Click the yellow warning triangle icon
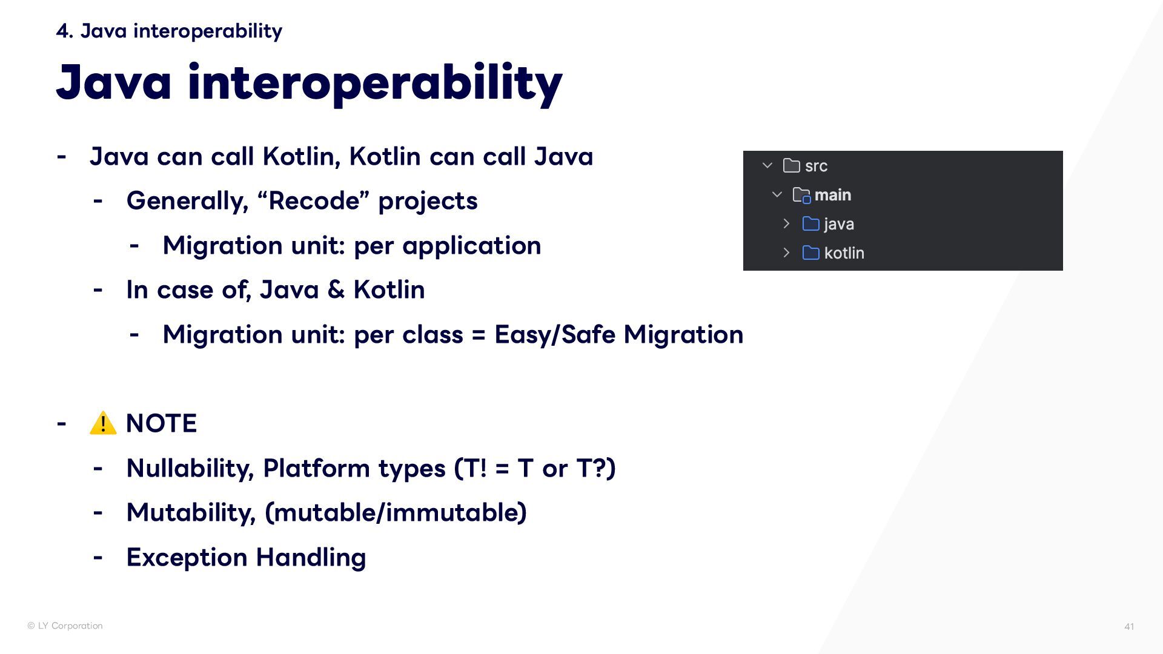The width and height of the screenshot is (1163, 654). pos(103,423)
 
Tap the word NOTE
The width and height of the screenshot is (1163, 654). pos(161,423)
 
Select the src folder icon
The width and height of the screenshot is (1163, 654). pos(791,165)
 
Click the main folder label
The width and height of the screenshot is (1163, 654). pos(833,195)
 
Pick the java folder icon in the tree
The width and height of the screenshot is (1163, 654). pos(810,223)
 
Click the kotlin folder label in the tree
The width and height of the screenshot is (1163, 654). pos(844,253)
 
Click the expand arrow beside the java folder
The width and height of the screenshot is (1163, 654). pos(786,223)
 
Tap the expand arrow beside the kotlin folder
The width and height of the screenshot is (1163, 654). pos(786,253)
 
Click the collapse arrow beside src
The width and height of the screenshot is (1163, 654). pos(767,165)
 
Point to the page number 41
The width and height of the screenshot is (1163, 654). pos(1129,627)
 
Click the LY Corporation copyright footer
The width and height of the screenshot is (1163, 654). pos(65,626)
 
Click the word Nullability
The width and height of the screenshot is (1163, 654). pos(190,468)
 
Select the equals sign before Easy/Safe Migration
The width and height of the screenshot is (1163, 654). pos(479,335)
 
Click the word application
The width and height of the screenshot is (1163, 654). pos(472,246)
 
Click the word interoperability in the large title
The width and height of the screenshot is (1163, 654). pos(376,83)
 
